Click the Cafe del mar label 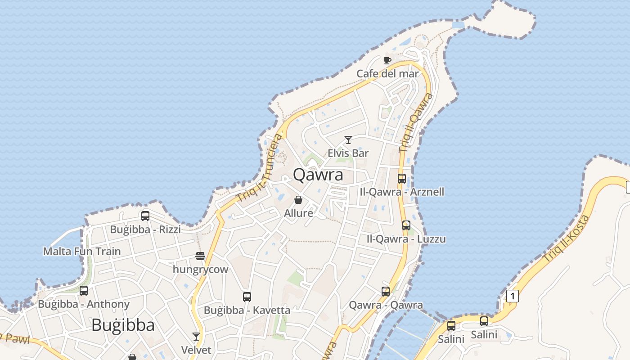point(387,73)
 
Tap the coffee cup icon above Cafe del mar point(387,60)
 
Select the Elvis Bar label point(348,153)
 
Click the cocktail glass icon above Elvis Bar point(348,140)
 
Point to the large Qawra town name point(318,175)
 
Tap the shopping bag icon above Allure point(298,200)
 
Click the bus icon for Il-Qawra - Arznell point(402,179)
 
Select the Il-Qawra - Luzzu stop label point(406,238)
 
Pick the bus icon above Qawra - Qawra point(386,292)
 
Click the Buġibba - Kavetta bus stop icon point(247,297)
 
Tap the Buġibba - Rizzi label point(145,229)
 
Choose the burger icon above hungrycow point(200,256)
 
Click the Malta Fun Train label point(82,251)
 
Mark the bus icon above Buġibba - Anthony point(84,291)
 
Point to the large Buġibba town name point(123,325)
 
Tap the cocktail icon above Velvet point(196,337)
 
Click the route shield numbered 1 point(512,296)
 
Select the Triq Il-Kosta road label point(566,239)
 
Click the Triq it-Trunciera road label point(261,168)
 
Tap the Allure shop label point(298,213)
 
